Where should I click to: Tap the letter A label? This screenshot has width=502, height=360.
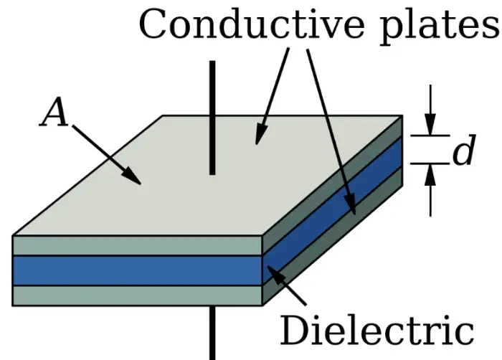[x=55, y=113]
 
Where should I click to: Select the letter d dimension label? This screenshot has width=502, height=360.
[x=463, y=152]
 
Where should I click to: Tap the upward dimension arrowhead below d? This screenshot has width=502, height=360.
[x=430, y=173]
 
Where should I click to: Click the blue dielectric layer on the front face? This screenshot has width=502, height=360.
[x=136, y=270]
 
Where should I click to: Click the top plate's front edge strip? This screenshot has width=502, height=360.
[x=136, y=245]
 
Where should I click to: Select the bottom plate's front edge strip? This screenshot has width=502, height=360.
[x=136, y=295]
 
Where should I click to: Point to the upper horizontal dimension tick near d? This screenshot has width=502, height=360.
[x=430, y=134]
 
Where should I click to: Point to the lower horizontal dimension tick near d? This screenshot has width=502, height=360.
[x=430, y=164]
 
